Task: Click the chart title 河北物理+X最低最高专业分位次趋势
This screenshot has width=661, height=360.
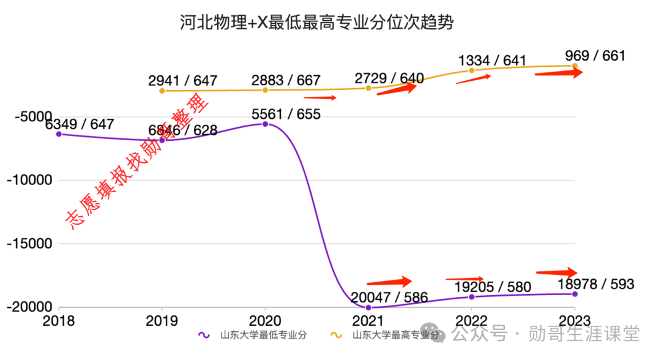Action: point(316,23)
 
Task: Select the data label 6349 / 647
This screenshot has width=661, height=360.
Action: point(80,124)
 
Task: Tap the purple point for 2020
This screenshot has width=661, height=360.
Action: point(265,124)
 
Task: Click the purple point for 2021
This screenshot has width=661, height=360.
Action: point(368,307)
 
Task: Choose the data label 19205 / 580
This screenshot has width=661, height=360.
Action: point(493,287)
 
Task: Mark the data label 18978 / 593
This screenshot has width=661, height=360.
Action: point(596,284)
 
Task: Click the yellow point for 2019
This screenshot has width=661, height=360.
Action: point(162,91)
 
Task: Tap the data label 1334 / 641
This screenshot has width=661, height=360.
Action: point(492,60)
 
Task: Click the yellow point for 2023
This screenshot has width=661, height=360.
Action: point(575,66)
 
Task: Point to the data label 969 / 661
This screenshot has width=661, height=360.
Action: point(596,56)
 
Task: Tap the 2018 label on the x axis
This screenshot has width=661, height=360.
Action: point(59,321)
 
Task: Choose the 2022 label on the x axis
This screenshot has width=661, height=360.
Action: point(471,321)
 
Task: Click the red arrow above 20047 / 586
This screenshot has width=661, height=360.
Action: point(390,282)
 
